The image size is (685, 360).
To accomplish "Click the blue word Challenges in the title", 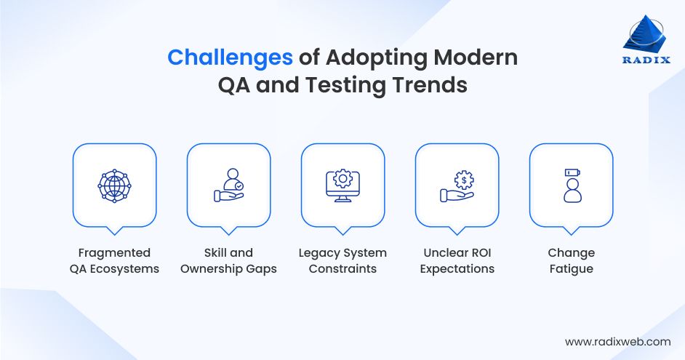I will point(230,57).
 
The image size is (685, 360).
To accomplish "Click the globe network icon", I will point(114,185).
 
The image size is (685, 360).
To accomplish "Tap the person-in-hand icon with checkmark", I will point(228,185).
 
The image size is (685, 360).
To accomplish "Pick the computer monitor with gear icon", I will point(342,185).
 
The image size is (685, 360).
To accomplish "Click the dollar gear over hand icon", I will point(457,185).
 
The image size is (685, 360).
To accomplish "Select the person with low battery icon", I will point(571,185).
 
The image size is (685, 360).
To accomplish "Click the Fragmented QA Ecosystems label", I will point(114,260).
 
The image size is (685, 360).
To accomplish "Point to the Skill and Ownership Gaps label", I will point(228,260).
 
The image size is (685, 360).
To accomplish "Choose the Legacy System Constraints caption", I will point(342,260).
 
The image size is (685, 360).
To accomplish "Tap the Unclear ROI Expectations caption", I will point(457,260).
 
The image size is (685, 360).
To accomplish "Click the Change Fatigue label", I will point(571,260).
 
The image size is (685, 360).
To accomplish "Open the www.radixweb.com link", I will point(617,341).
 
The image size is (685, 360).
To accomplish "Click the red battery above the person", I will point(571,173).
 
